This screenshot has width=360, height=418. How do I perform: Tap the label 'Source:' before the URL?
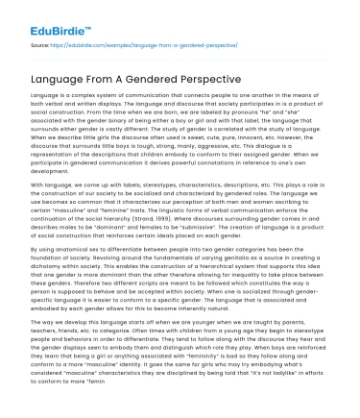pos(41,45)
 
